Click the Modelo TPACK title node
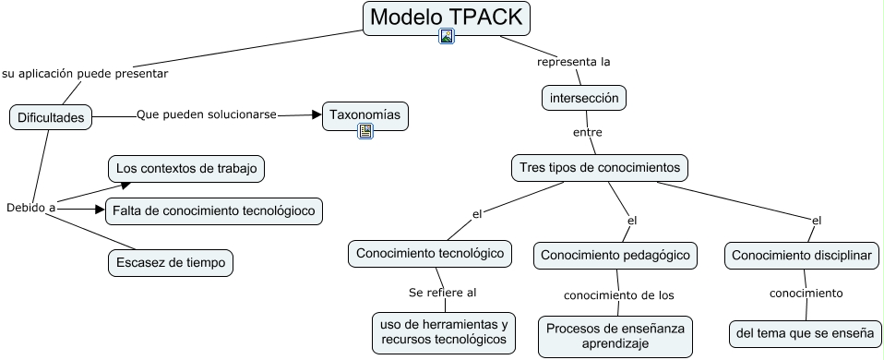coord(447,17)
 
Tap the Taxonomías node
coord(364,115)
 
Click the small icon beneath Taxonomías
coord(365,131)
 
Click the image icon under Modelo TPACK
coord(447,37)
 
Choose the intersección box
coord(584,98)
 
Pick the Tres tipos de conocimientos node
coord(600,168)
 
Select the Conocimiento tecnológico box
coord(430,253)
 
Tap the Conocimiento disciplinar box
coord(802,256)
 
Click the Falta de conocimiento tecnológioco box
coord(215,211)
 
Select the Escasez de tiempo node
coord(170,262)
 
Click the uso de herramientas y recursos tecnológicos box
coord(444,332)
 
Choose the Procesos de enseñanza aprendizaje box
coord(615,336)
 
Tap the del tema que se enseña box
coord(805,331)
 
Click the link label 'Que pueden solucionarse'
coord(207,114)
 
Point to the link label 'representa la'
coord(574,63)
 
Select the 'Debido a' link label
coord(31,208)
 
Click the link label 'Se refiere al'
coord(442,293)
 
